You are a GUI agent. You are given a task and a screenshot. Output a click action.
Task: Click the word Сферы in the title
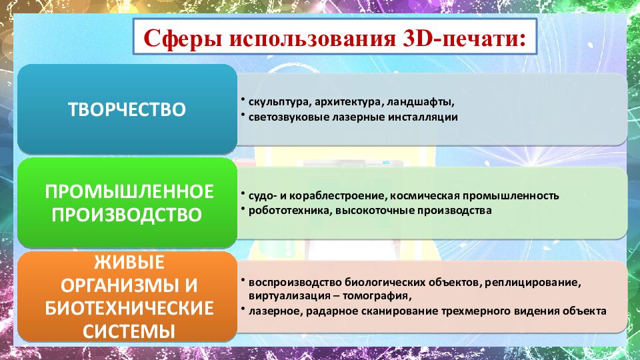pos(183,39)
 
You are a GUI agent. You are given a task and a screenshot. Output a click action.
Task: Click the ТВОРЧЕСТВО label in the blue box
pos(127,109)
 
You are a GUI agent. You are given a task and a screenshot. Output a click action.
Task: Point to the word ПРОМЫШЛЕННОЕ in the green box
pos(129,191)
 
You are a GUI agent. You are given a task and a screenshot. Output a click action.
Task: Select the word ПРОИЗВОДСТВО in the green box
pos(127,215)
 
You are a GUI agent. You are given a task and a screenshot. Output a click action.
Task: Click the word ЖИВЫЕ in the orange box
pos(129,262)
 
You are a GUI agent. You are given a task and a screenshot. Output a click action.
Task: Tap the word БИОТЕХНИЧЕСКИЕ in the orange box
pos(129,308)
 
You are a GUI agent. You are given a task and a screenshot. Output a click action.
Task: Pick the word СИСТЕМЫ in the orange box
pos(129,331)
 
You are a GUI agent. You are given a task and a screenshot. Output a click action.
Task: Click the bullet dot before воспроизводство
pos(243,280)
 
